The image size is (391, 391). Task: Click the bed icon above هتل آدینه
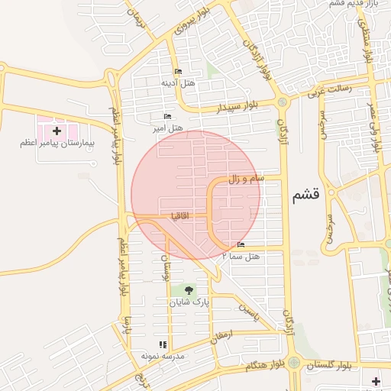pyautogui.click(x=178, y=72)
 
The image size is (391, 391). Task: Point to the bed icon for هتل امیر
pyautogui.click(x=167, y=116)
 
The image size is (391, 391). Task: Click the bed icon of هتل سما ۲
pyautogui.click(x=241, y=245)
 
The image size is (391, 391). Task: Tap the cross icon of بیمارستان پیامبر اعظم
pyautogui.click(x=57, y=131)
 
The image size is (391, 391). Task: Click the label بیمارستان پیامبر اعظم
pyautogui.click(x=57, y=143)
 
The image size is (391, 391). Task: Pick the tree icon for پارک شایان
pyautogui.click(x=188, y=290)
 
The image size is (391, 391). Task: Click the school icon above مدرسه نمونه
pyautogui.click(x=161, y=345)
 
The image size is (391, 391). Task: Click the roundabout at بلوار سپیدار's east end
pyautogui.click(x=282, y=102)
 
